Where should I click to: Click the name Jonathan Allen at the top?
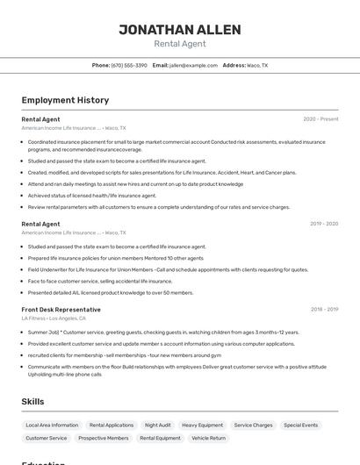[x=179, y=30]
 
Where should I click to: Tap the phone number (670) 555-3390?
[x=129, y=65]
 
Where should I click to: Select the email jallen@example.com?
[x=193, y=65]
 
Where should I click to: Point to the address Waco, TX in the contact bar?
[x=257, y=65]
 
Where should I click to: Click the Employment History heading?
[x=65, y=100]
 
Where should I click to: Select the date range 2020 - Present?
[x=320, y=118]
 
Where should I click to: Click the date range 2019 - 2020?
[x=323, y=224]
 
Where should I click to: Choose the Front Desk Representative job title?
[x=61, y=310]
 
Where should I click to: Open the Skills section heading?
[x=33, y=401]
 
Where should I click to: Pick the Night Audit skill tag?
[x=158, y=425]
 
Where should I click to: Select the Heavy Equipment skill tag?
[x=202, y=425]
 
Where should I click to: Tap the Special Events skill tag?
[x=300, y=425]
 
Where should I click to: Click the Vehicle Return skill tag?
[x=208, y=438]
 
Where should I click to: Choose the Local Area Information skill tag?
[x=52, y=425]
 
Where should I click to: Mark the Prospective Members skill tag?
[x=104, y=438]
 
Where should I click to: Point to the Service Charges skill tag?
[x=253, y=425]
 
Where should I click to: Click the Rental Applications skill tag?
[x=112, y=425]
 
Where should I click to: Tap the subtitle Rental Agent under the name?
[x=179, y=44]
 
